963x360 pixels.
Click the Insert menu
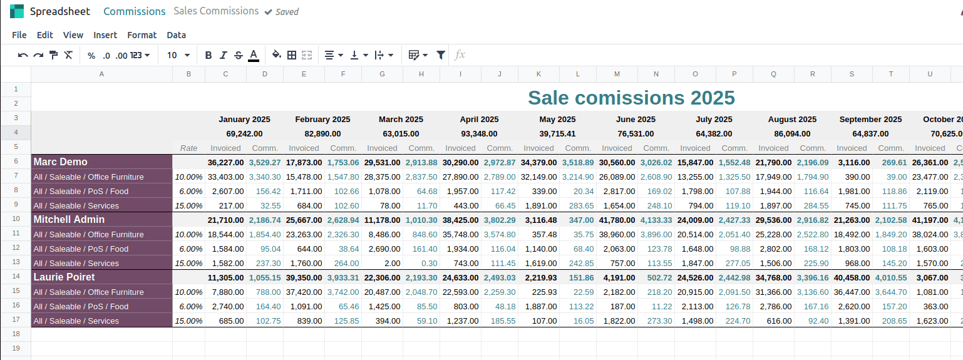[105, 35]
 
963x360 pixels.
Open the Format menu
[142, 35]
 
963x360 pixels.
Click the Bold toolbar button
[209, 55]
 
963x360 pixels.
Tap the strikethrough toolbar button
[238, 55]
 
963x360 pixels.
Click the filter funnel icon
[441, 55]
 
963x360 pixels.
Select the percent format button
[91, 55]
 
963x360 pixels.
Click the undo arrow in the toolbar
[23, 55]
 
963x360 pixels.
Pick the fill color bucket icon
[276, 55]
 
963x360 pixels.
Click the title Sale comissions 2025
[631, 98]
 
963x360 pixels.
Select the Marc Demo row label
[61, 162]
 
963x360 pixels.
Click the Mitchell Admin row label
[69, 220]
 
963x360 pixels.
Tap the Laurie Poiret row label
[64, 277]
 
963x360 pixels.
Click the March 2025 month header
[401, 119]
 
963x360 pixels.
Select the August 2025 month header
[792, 119]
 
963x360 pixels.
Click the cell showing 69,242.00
[244, 133]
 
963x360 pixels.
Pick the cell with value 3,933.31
[342, 277]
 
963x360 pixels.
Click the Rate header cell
[188, 148]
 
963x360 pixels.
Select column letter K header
[538, 74]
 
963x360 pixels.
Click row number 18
[16, 334]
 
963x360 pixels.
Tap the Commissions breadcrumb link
[135, 11]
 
